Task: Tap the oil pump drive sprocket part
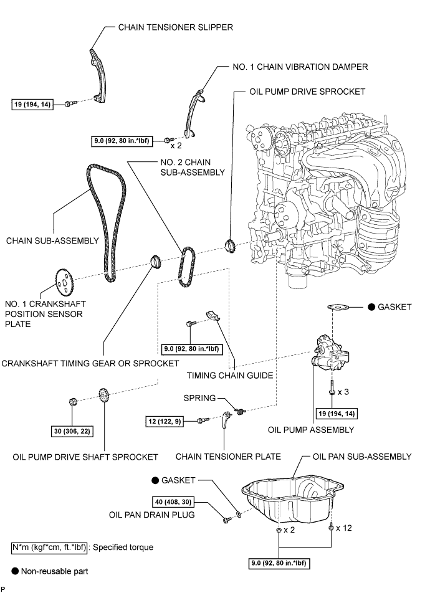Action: [x=229, y=245]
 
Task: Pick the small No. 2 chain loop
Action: [x=185, y=268]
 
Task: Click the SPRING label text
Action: [x=200, y=397]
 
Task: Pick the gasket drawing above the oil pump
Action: [x=337, y=307]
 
